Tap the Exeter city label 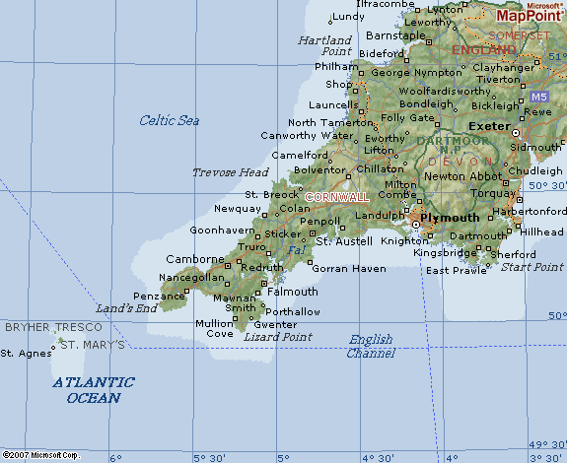[487, 127]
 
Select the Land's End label [126, 308]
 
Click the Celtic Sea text [169, 120]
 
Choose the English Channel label [371, 346]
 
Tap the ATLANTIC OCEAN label [94, 390]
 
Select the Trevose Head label [230, 172]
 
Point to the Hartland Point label [324, 45]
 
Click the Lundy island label [348, 17]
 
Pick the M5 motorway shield [537, 98]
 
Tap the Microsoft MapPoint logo [529, 12]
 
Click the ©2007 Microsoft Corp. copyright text [40, 455]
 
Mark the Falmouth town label [293, 292]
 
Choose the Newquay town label [238, 209]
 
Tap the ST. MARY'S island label [93, 345]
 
